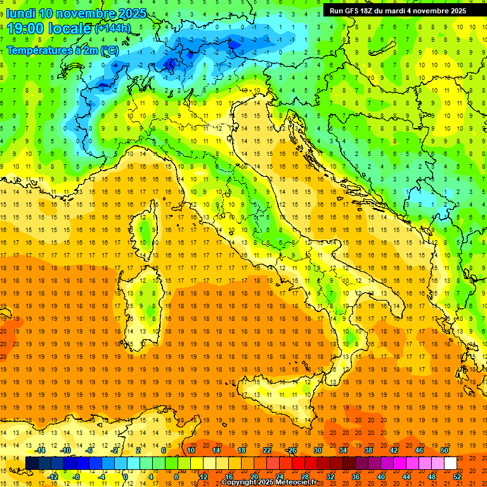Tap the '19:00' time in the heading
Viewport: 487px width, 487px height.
(27, 29)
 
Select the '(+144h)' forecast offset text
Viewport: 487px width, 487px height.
(112, 29)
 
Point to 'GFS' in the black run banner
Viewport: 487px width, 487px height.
(353, 11)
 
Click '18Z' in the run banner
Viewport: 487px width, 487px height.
(372, 11)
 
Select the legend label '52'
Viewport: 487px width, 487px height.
(457, 477)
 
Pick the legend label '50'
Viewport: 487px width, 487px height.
(445, 450)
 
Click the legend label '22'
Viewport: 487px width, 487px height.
(267, 450)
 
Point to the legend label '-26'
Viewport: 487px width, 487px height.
(291, 450)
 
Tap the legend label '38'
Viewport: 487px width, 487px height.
(368, 450)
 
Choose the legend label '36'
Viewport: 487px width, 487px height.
(356, 477)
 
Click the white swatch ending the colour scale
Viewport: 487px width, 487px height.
(450, 464)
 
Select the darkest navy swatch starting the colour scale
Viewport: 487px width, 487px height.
(32, 464)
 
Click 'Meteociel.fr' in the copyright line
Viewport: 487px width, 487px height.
(302, 483)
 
